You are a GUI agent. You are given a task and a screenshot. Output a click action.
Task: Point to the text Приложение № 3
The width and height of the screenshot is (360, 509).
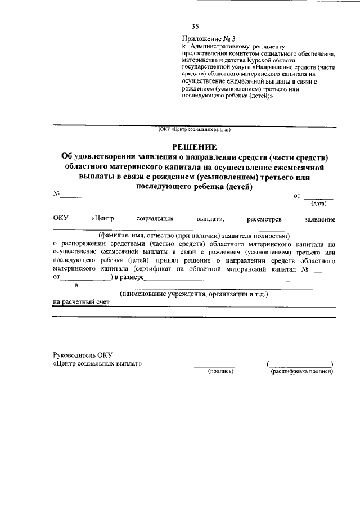(207, 38)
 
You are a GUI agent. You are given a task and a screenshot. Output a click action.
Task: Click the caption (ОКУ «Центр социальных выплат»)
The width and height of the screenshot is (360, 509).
(195, 130)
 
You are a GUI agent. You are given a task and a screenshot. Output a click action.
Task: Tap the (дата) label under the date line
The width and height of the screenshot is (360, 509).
(319, 204)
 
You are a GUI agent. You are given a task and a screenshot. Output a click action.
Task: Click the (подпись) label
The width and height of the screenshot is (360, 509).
(220, 371)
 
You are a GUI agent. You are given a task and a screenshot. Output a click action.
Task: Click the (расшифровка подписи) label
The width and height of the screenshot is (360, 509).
(301, 371)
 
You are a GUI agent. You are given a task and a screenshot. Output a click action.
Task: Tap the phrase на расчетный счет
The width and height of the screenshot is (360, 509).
(81, 302)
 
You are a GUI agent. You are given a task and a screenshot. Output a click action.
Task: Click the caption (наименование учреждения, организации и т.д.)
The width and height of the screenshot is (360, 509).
(194, 294)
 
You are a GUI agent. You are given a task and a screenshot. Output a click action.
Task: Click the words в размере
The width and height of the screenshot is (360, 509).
(129, 277)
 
